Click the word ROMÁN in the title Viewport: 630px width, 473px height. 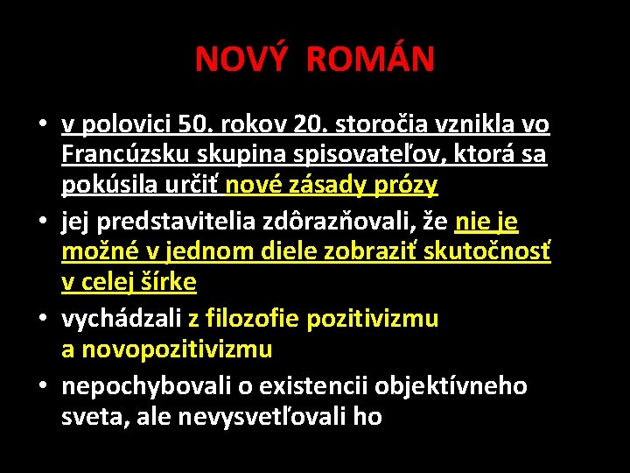pos(370,60)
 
